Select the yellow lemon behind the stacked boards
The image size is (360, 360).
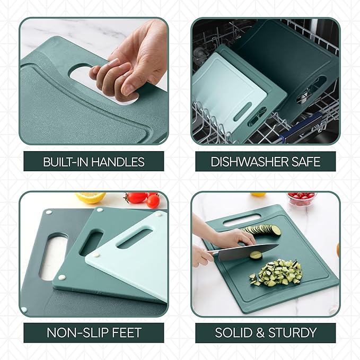coord(91,197)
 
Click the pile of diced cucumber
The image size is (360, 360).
coord(276,272)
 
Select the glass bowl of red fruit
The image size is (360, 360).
coord(302,198)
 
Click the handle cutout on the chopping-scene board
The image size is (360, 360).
coord(241,219)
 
